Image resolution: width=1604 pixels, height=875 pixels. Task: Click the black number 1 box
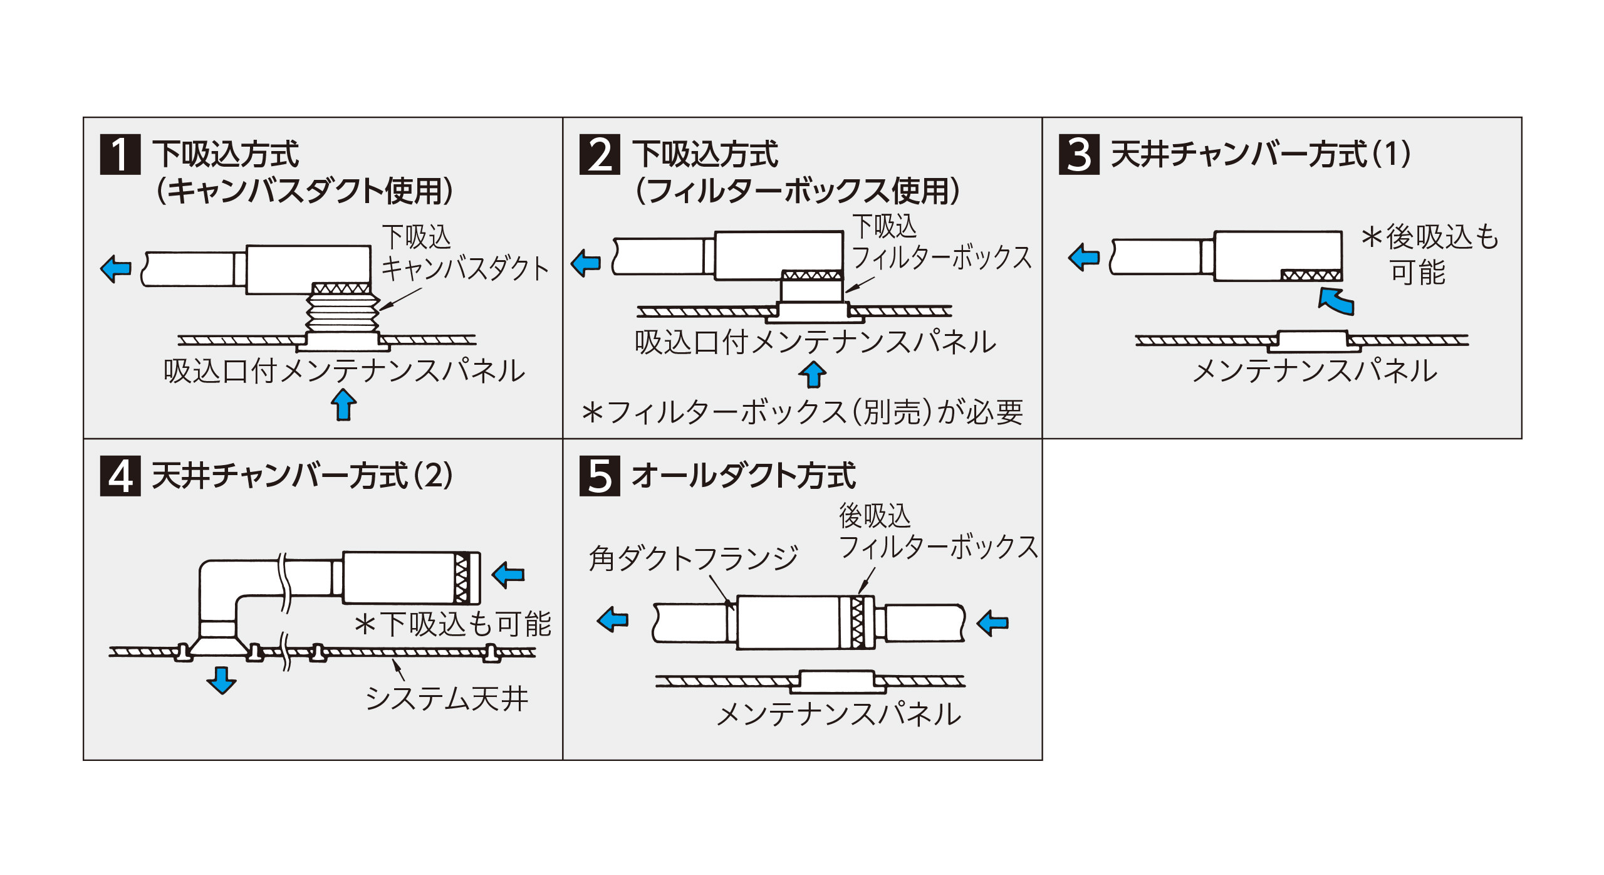(120, 154)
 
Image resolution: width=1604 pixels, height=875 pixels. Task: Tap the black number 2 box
(600, 154)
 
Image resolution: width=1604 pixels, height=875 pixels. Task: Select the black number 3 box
(1079, 154)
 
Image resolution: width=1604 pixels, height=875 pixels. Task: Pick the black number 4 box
(120, 476)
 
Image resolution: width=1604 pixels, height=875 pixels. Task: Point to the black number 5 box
(600, 476)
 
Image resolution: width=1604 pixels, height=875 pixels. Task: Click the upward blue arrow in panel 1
(343, 404)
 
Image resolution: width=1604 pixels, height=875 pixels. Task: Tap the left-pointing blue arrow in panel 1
(116, 268)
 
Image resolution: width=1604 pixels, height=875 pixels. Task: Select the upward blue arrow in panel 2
(813, 374)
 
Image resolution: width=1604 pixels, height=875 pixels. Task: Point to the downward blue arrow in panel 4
(221, 680)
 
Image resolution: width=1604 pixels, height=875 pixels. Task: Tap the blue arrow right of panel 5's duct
(993, 622)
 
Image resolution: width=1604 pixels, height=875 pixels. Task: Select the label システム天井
(447, 698)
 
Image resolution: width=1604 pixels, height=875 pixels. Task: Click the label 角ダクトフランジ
(693, 558)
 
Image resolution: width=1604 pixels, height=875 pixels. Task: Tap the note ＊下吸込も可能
(452, 624)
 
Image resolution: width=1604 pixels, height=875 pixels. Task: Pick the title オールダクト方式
(743, 476)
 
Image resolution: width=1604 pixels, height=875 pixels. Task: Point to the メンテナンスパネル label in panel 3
(1315, 371)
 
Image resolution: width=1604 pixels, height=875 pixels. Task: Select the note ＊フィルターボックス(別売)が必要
(802, 412)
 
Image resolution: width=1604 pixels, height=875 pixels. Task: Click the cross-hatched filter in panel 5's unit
(858, 622)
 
